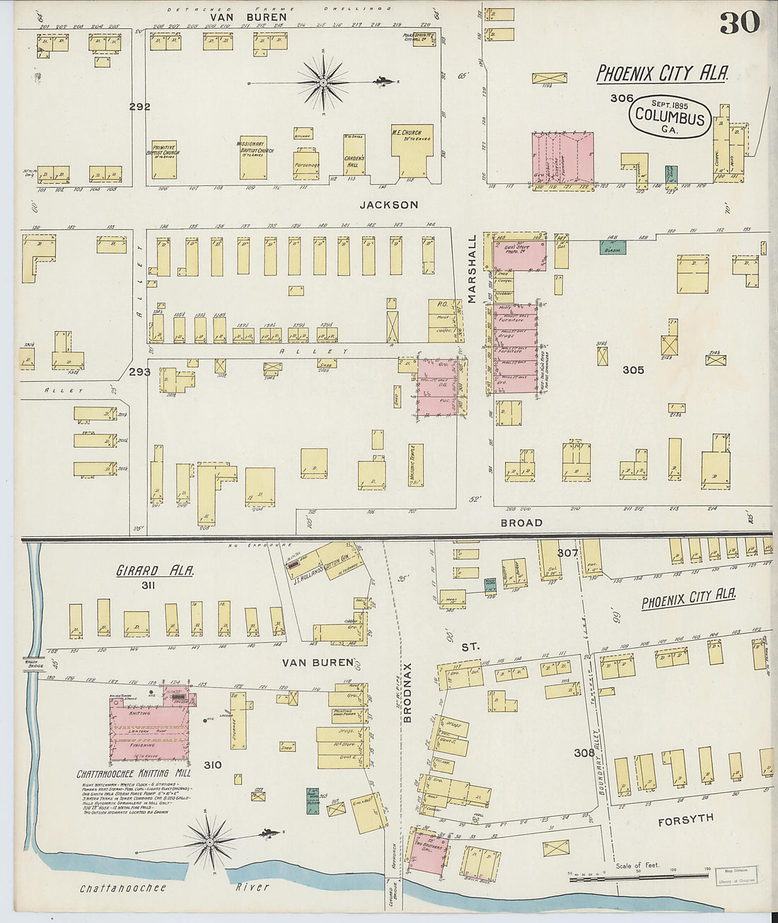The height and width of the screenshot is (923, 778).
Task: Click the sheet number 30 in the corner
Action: pyautogui.click(x=739, y=22)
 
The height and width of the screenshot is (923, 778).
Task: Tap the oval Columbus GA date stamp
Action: pyautogui.click(x=670, y=116)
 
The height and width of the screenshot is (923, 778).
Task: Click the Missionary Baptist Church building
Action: pyautogui.click(x=252, y=157)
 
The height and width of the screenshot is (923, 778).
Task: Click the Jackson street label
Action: pyautogui.click(x=388, y=205)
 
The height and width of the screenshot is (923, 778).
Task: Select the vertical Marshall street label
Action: pyautogui.click(x=471, y=269)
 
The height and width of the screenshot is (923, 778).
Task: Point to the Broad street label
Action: pyautogui.click(x=521, y=523)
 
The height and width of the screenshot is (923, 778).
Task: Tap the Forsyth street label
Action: pyautogui.click(x=685, y=820)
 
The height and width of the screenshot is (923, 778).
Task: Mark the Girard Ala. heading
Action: pyautogui.click(x=155, y=570)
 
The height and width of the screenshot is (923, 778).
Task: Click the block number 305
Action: pyautogui.click(x=632, y=370)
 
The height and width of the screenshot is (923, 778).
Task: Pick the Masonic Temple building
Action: pyautogui.click(x=415, y=466)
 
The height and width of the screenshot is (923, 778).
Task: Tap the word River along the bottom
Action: pyautogui.click(x=252, y=888)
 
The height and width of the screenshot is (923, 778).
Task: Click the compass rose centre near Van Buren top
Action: pyautogui.click(x=323, y=83)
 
